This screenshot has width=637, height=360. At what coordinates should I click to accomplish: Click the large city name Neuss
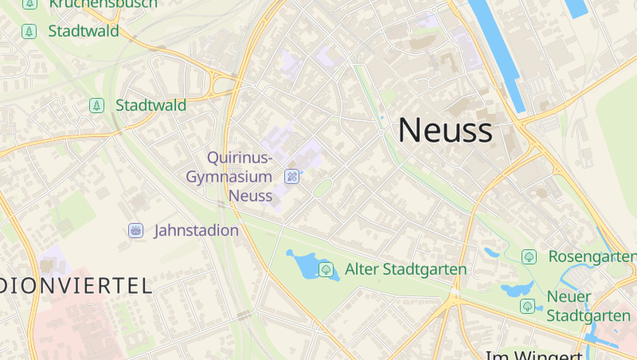445,130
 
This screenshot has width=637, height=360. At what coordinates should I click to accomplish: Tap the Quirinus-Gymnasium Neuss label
229,176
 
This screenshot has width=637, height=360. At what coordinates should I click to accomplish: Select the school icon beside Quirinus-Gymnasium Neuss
292,176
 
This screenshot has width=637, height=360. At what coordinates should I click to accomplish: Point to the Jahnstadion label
196,231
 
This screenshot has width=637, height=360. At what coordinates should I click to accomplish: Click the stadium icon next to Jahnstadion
135,231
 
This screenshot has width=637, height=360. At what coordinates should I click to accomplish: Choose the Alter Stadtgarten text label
405,269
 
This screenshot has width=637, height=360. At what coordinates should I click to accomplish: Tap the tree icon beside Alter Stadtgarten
326,269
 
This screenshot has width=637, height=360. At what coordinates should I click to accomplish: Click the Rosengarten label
592,256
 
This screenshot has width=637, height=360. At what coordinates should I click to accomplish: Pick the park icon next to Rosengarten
529,256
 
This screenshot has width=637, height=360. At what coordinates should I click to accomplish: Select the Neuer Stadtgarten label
588,307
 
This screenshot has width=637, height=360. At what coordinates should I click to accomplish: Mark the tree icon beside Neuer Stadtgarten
527,306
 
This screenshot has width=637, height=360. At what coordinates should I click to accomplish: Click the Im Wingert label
534,354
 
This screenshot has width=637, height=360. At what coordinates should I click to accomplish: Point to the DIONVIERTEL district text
76,285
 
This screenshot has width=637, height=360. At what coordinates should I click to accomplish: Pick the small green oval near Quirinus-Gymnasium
322,189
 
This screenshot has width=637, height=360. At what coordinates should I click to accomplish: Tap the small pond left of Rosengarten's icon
491,252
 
